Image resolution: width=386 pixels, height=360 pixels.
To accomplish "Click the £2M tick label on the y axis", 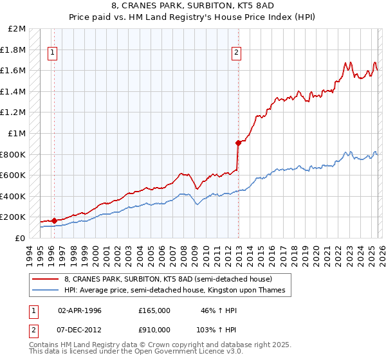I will pyautogui.click(x=17, y=29).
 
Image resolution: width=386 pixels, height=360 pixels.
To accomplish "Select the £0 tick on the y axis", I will pyautogui.click(x=20, y=238).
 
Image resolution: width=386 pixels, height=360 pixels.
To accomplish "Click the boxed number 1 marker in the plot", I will pyautogui.click(x=52, y=53).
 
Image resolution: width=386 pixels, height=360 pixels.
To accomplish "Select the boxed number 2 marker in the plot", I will pyautogui.click(x=237, y=53).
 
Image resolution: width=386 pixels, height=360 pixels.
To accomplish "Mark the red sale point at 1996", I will pyautogui.click(x=54, y=221).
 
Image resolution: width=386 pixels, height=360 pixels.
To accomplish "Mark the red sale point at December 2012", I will pyautogui.click(x=238, y=143).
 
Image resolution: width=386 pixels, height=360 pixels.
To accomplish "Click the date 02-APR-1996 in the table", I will pyautogui.click(x=80, y=310).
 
